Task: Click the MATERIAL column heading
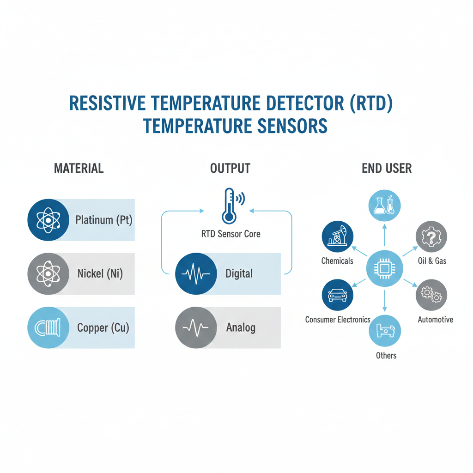pos(79,168)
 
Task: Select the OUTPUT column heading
pos(230,168)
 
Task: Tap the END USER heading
pos(387,168)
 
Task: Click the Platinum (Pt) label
pos(103,220)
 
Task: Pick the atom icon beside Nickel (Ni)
pos(48,274)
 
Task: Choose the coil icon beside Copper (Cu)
pos(48,328)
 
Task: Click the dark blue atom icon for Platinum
pos(48,220)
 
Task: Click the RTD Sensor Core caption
pos(230,234)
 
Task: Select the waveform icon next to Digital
pos(196,274)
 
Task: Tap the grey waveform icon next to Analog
pos(196,328)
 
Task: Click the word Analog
pos(241,328)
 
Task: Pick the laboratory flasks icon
pos(384,205)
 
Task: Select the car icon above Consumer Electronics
pos(337,295)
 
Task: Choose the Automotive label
pos(435,320)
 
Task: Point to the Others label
pos(386,355)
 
